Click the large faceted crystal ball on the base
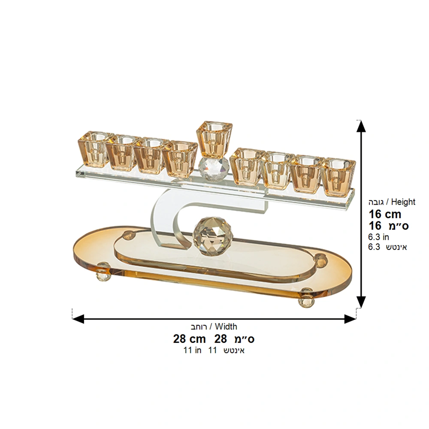212,236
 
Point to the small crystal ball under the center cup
213,169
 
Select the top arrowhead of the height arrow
361,126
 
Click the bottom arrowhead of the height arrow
361,302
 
